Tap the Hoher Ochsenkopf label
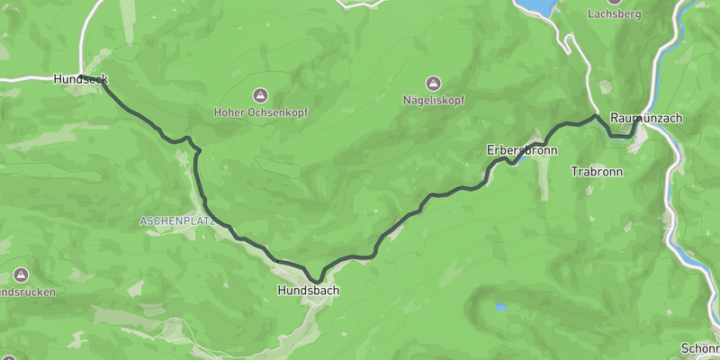pos(260,112)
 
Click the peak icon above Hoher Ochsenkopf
pos(260,94)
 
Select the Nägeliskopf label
pos(434,100)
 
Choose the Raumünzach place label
pos(645,118)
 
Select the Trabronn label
pos(592,170)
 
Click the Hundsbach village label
pos(308,292)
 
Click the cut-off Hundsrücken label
pos(27,292)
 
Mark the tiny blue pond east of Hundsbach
pos(500,308)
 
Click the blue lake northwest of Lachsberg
pos(541,7)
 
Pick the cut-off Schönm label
pos(701,347)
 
